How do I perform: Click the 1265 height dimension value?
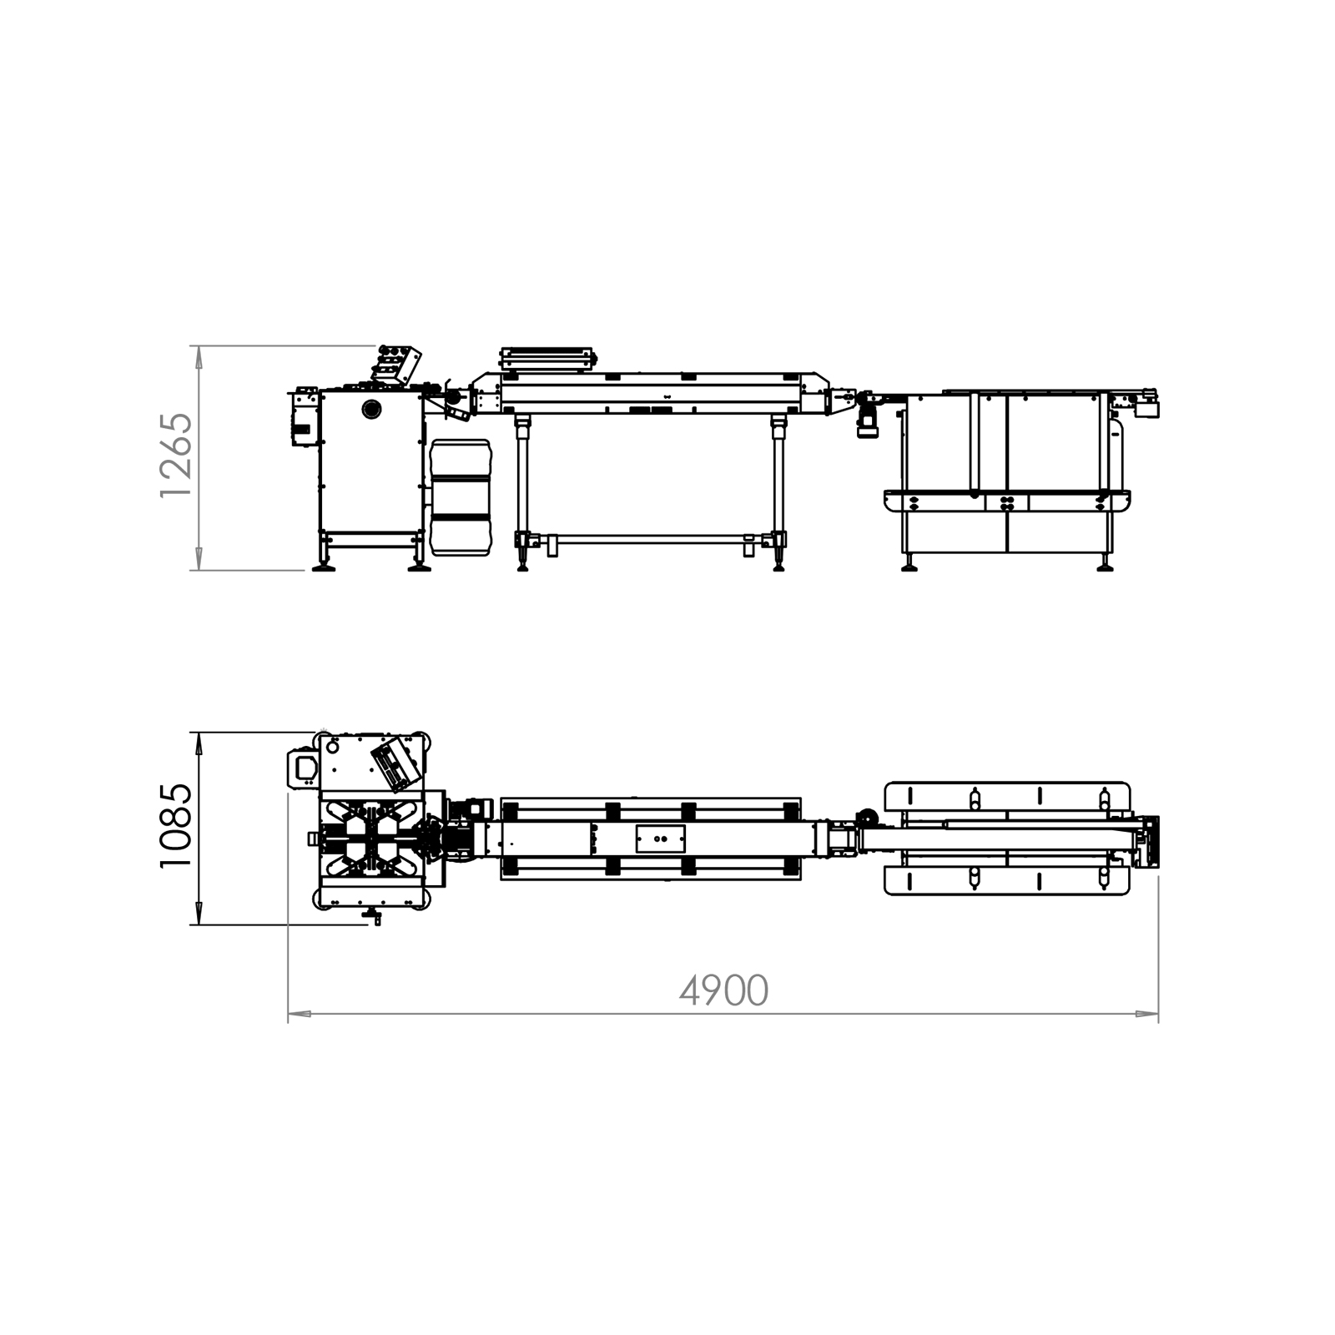pyautogui.click(x=176, y=456)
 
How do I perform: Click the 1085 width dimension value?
pyautogui.click(x=176, y=826)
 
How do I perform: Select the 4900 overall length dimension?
pyautogui.click(x=723, y=991)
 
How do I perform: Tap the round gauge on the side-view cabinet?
pyautogui.click(x=370, y=409)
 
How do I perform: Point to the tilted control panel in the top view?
pyautogui.click(x=395, y=761)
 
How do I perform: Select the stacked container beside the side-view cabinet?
pyautogui.click(x=461, y=498)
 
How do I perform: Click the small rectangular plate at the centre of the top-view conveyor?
pyautogui.click(x=660, y=838)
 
